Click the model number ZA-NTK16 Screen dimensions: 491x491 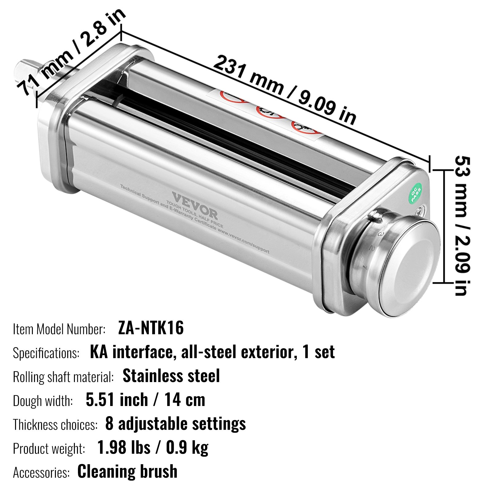(x=151, y=328)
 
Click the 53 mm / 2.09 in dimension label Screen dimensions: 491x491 (x=462, y=226)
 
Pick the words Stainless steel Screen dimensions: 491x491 (x=171, y=376)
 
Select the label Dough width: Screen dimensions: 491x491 (x=43, y=401)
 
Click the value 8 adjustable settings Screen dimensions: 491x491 (x=175, y=424)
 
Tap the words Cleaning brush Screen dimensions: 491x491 (x=127, y=471)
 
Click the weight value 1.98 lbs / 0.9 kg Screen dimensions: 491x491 (x=153, y=448)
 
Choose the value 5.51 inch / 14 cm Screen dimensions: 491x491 (x=145, y=400)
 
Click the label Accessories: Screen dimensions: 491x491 (x=41, y=473)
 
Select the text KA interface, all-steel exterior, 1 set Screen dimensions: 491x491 (x=212, y=352)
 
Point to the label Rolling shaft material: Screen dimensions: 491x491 (x=63, y=377)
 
